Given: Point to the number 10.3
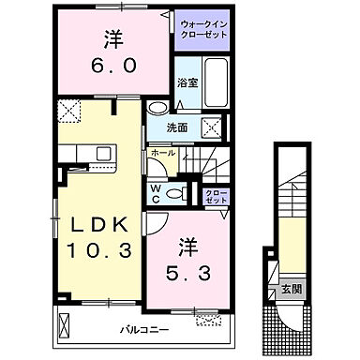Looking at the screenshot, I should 98,252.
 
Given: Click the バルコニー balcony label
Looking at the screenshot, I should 142,330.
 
